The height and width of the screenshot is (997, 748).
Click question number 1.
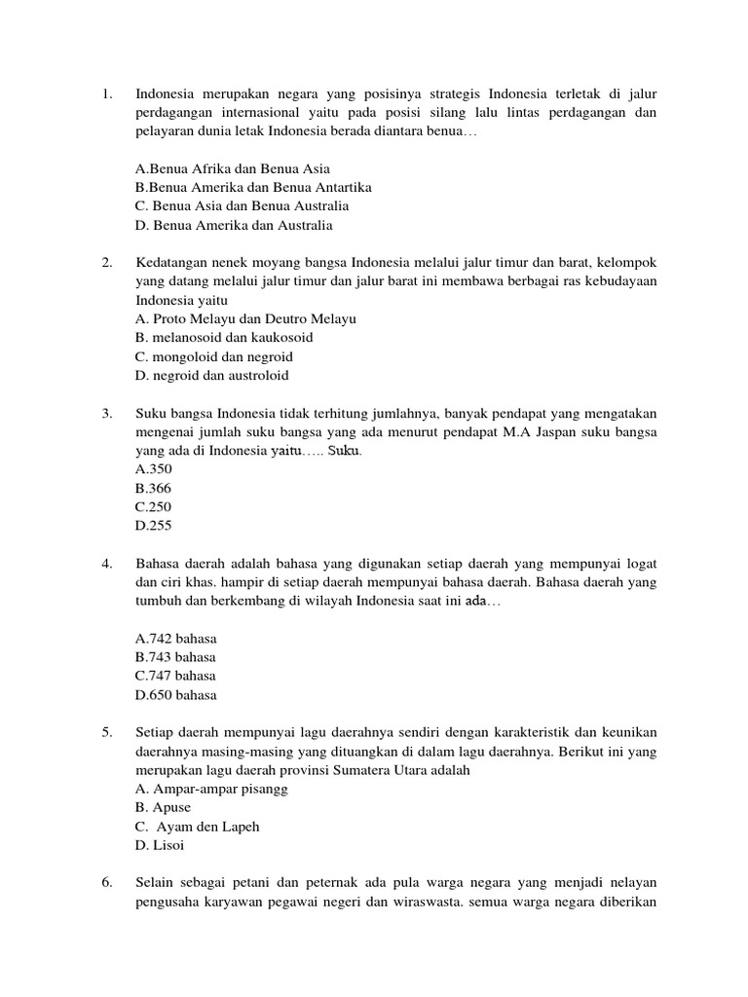pos(107,94)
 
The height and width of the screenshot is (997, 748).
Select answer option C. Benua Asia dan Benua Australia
pos(242,206)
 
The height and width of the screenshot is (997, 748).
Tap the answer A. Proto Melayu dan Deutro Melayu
pos(246,318)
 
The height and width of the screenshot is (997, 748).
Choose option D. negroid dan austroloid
pos(212,375)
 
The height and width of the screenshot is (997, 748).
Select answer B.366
pos(154,488)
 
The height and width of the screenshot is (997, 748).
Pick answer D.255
pos(154,525)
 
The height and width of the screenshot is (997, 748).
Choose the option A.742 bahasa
pos(176,639)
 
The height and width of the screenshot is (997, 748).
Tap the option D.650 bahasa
pos(176,695)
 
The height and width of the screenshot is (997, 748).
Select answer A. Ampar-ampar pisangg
pos(212,789)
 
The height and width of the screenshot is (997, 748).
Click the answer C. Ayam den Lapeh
pos(199,827)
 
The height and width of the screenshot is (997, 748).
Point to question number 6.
pos(107,883)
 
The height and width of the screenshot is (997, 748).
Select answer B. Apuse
pos(164,807)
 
